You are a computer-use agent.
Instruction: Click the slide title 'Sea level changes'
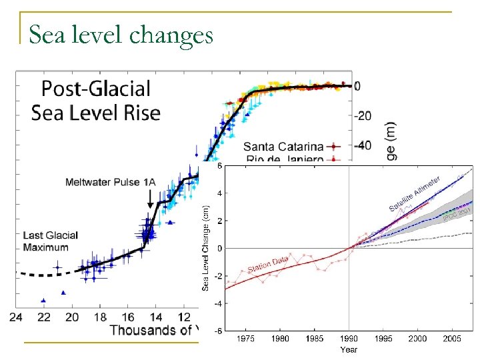(x=121, y=34)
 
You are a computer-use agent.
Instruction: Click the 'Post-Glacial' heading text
(x=87, y=89)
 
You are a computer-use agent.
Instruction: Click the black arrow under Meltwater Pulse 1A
(x=150, y=198)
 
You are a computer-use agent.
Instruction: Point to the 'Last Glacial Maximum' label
(x=51, y=241)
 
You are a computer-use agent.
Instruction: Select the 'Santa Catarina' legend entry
(x=283, y=146)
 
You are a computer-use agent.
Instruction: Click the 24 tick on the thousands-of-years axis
(x=17, y=316)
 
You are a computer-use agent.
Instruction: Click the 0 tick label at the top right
(x=358, y=86)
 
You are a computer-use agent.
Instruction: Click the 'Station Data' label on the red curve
(x=268, y=264)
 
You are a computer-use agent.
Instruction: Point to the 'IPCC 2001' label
(x=457, y=213)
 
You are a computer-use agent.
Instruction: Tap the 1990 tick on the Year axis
(x=349, y=339)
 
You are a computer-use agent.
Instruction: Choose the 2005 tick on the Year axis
(x=453, y=339)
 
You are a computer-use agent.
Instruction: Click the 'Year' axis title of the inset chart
(x=349, y=349)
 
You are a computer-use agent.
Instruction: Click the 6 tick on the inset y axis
(x=219, y=165)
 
